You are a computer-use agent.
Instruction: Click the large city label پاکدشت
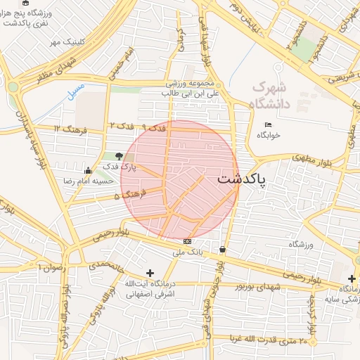241,179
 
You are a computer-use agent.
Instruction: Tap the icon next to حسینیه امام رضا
87,170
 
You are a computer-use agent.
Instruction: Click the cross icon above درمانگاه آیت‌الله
149,273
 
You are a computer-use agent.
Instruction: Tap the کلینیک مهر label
66,43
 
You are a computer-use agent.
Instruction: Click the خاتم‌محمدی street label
106,266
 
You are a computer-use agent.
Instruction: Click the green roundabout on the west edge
13,87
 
